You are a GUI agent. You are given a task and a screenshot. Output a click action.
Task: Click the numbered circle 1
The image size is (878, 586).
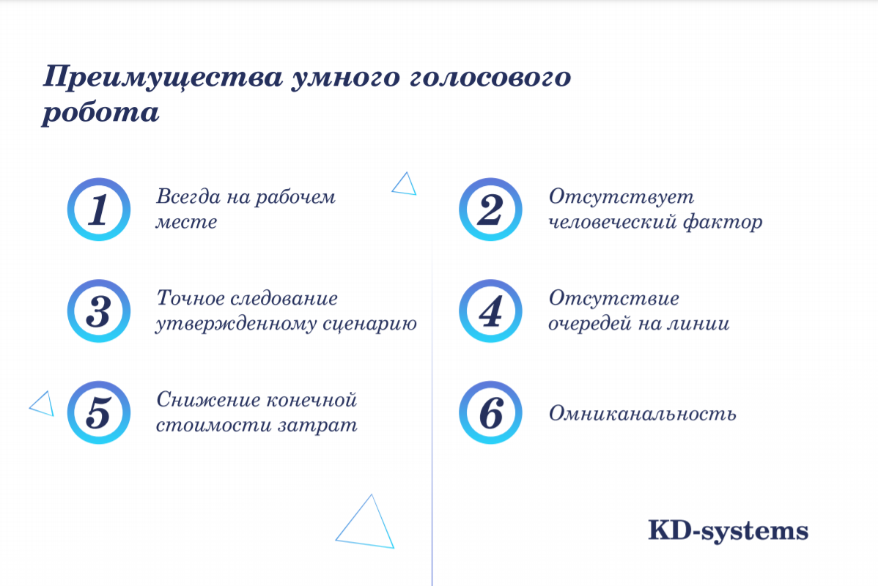[x=99, y=209]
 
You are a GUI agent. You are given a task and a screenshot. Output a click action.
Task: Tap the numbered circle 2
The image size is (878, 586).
[x=490, y=209]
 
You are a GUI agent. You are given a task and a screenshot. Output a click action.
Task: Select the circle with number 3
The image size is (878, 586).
[x=99, y=311]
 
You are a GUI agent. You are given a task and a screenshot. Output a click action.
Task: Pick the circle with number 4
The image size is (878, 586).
[x=490, y=311]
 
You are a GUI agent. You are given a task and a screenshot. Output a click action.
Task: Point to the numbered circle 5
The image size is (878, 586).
[x=99, y=413]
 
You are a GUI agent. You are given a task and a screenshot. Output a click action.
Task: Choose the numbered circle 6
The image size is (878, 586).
[x=490, y=413]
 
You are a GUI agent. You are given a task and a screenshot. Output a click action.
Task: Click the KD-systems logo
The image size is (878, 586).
[x=728, y=530]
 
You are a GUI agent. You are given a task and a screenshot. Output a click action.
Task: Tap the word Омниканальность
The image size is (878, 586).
[x=642, y=414]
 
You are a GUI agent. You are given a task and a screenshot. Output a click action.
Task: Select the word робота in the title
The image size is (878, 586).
[x=100, y=114]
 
